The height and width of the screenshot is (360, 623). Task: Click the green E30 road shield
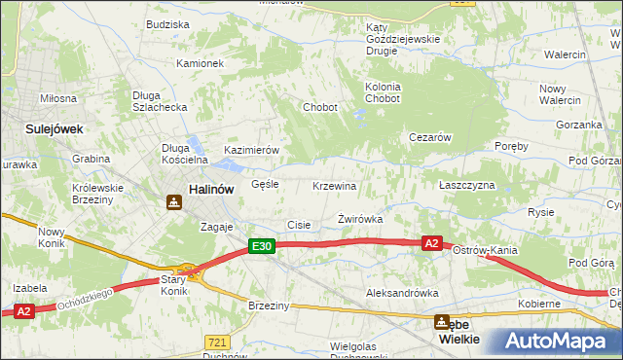(260, 247)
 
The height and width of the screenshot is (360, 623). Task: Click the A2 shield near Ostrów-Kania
(433, 243)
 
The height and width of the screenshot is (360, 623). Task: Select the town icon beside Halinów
(173, 202)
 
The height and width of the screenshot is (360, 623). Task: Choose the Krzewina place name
(334, 186)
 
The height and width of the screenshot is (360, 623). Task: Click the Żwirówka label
(359, 219)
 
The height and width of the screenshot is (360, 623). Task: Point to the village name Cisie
(299, 225)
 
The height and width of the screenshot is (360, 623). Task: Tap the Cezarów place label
(429, 137)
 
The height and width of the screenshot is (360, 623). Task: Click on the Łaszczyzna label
(466, 185)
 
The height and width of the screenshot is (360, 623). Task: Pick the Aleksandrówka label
(397, 292)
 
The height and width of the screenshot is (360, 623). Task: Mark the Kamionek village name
(200, 63)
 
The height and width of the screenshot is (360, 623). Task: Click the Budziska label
(166, 24)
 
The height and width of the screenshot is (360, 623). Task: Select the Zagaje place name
(217, 226)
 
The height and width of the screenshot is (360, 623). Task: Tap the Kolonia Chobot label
(383, 92)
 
